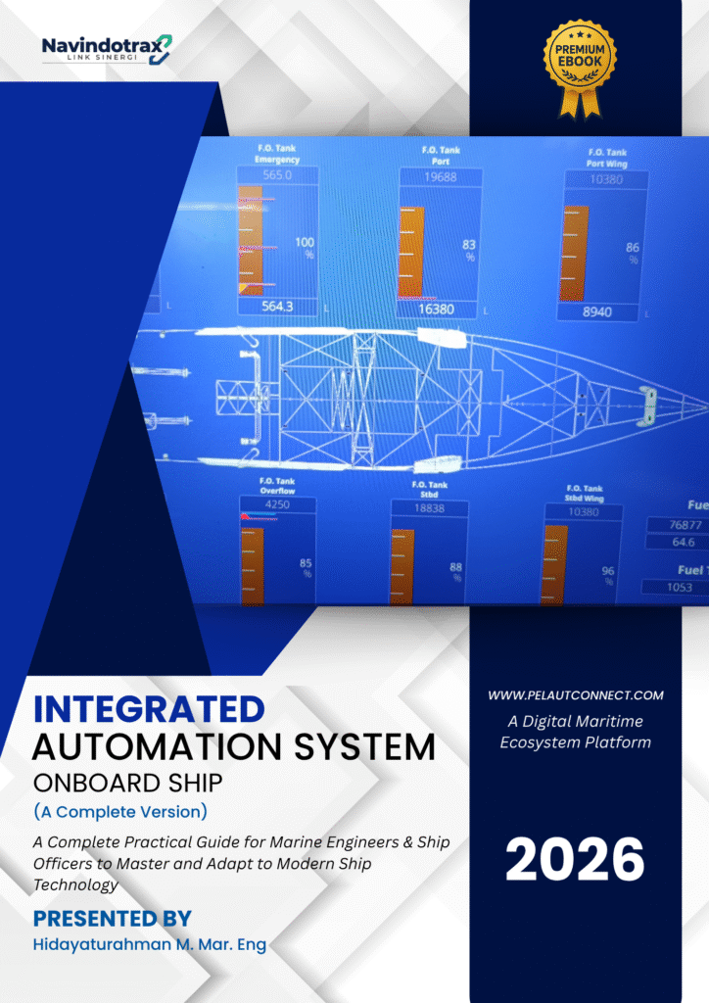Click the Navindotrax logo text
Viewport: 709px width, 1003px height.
(x=101, y=45)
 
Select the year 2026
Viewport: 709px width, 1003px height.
(x=575, y=859)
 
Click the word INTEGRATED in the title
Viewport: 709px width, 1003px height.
(x=149, y=708)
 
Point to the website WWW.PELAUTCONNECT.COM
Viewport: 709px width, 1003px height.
(x=575, y=695)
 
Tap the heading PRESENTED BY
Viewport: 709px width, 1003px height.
(x=113, y=918)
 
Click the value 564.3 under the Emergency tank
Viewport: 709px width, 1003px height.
(x=277, y=307)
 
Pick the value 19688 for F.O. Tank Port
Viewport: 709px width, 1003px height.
(x=441, y=177)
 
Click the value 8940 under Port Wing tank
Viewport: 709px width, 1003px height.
(x=598, y=312)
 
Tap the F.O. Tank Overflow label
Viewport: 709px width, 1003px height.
(x=277, y=486)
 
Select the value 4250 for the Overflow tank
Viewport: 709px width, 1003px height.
(x=278, y=505)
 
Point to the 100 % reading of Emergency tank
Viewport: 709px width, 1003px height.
(x=305, y=247)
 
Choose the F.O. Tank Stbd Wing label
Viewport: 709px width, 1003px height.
(x=585, y=494)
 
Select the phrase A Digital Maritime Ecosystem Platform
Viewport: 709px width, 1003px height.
(x=575, y=732)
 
